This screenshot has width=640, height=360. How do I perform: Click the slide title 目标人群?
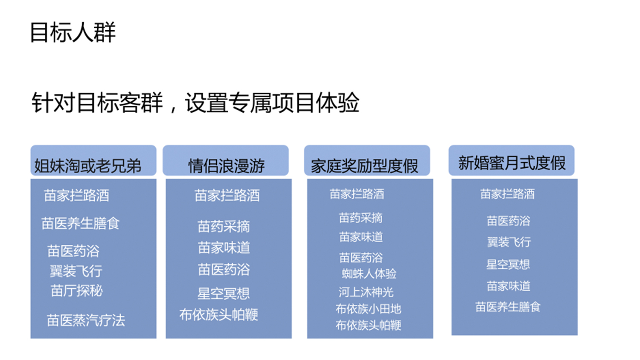[x=73, y=32]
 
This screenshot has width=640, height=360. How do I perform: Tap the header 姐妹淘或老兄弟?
[x=88, y=166]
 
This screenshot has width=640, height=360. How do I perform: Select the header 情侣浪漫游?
[x=226, y=166]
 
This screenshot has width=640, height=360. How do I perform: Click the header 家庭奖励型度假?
[x=364, y=166]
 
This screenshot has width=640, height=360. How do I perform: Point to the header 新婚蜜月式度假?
[x=512, y=163]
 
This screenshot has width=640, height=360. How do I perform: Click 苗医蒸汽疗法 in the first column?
[x=86, y=320]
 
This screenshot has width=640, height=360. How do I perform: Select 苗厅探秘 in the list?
[x=76, y=291]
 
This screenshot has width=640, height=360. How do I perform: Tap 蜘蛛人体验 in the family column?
[x=369, y=274]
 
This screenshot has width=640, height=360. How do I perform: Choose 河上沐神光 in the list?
[x=366, y=292]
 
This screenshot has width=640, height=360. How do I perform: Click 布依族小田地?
[x=368, y=309]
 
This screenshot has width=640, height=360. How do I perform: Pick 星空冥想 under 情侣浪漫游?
[x=224, y=293]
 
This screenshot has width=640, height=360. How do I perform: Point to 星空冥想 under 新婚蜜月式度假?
[x=508, y=264]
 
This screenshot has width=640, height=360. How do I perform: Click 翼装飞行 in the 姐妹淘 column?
[x=76, y=271]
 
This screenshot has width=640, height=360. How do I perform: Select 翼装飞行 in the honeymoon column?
[x=509, y=242]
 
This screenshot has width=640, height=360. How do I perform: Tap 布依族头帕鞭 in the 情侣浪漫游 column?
[x=219, y=314]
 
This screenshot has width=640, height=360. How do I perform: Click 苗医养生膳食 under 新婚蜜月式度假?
[x=508, y=307]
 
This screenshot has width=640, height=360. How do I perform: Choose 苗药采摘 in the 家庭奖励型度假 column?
[x=361, y=218]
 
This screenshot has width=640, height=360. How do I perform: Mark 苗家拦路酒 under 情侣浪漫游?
[x=227, y=196]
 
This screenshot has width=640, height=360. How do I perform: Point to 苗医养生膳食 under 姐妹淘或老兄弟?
[x=80, y=224]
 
